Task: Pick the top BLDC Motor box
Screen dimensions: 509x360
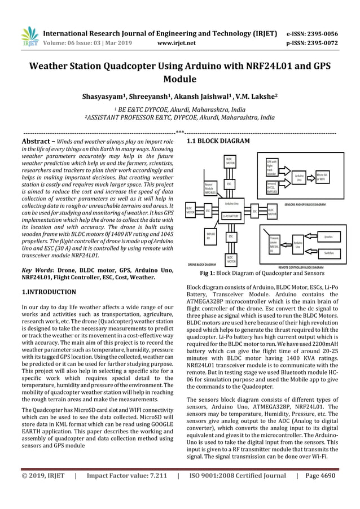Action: click(x=229, y=162)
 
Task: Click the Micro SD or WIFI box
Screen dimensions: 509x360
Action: click(x=324, y=177)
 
